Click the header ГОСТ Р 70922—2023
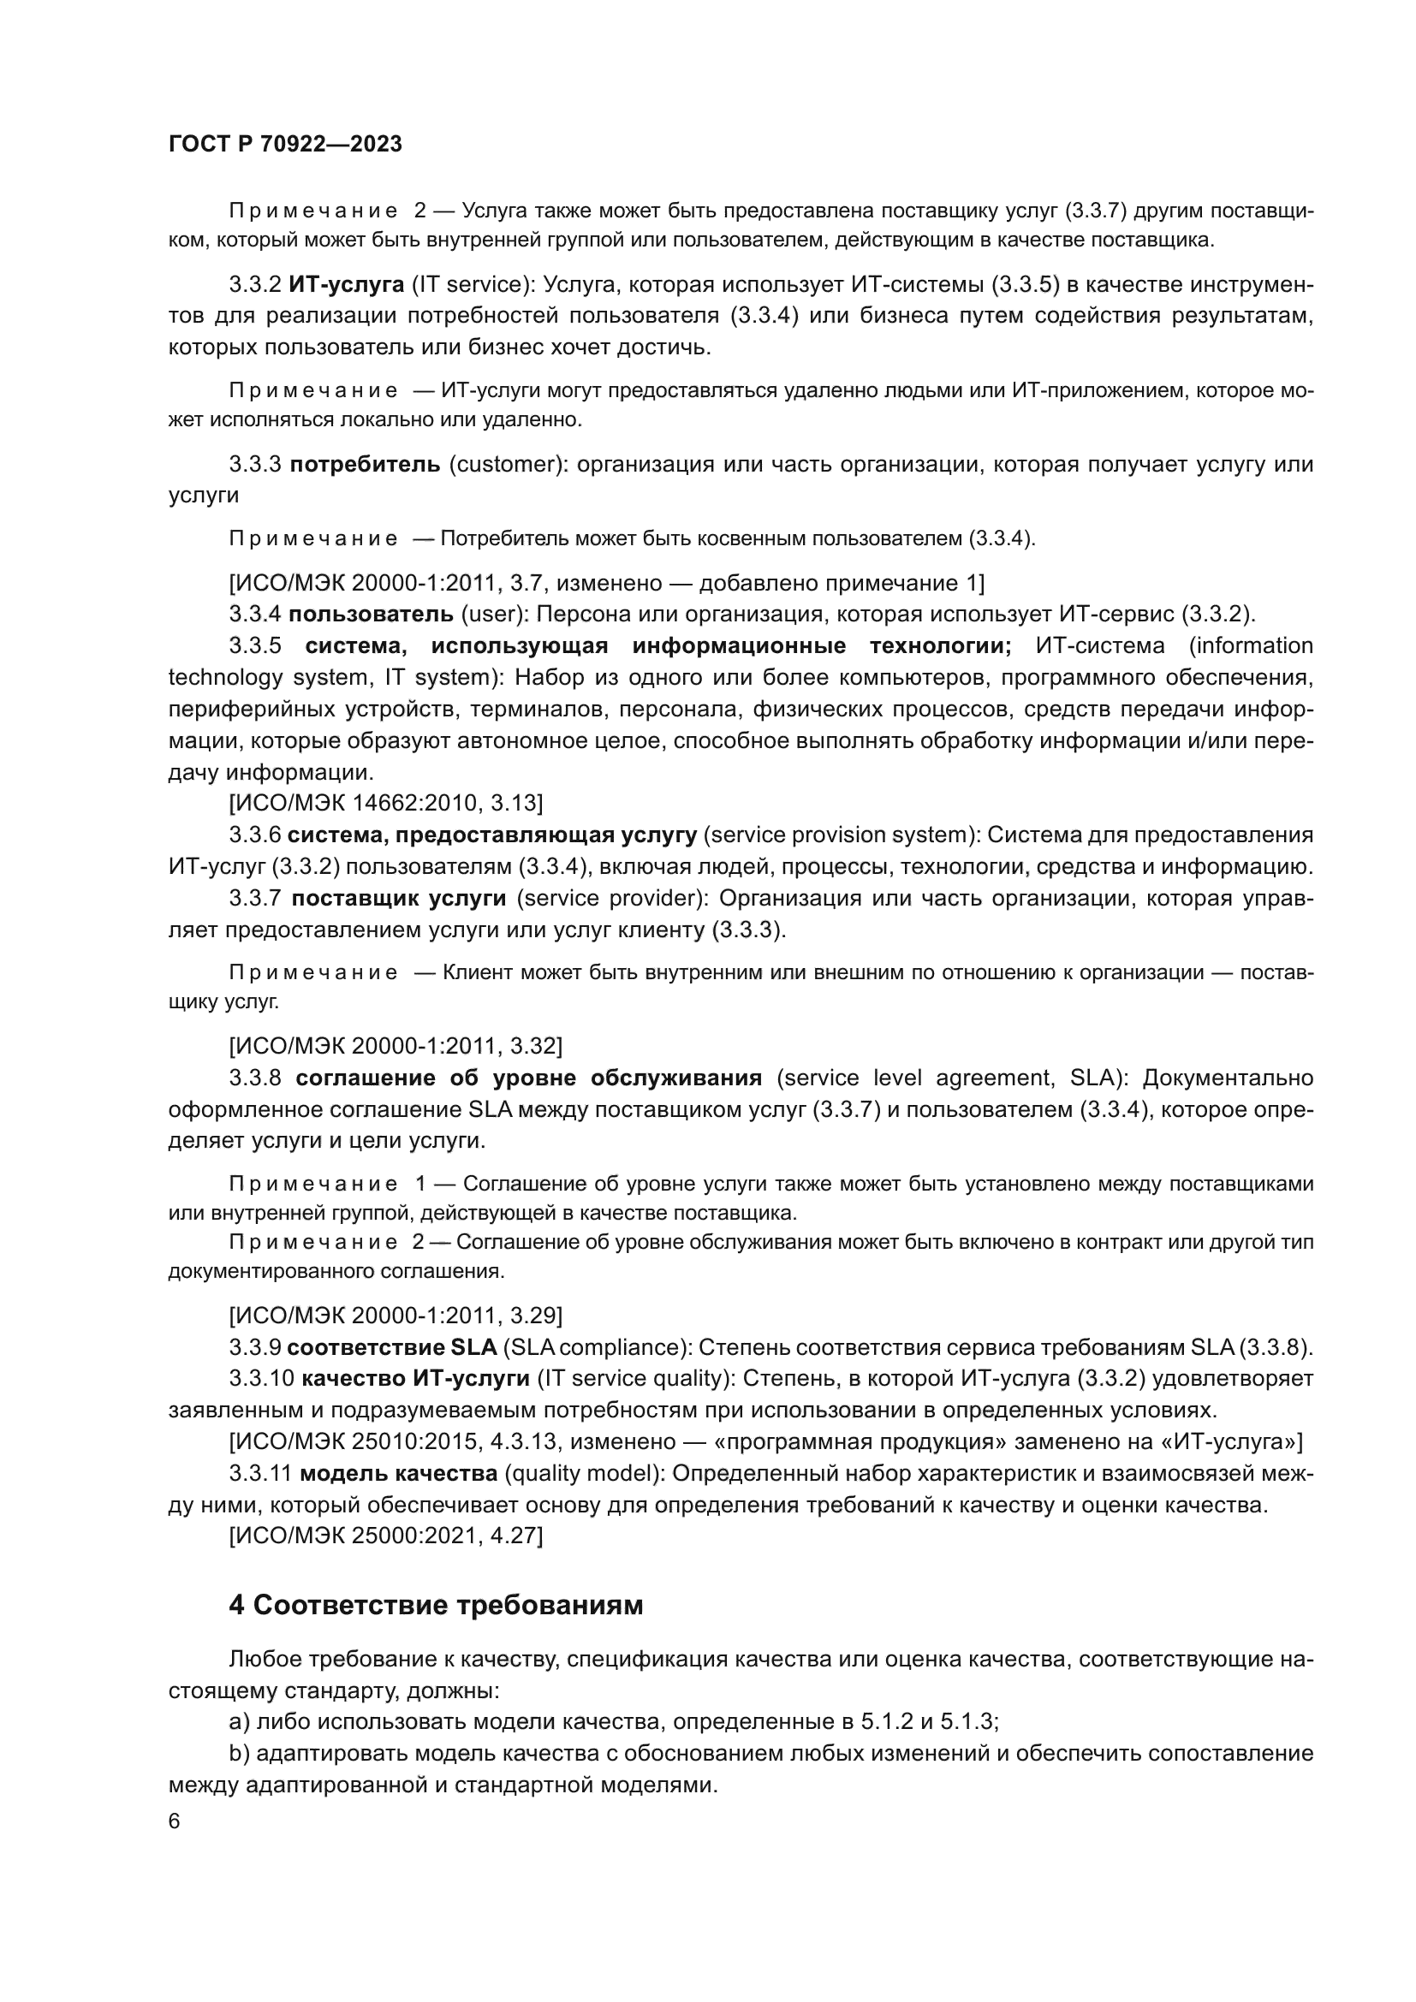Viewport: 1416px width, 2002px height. click(x=285, y=145)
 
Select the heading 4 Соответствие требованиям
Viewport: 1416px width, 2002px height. click(x=436, y=1605)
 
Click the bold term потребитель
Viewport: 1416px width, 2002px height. click(x=365, y=464)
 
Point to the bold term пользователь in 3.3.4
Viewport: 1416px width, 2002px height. click(x=371, y=614)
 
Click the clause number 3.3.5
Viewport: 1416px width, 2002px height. click(x=255, y=646)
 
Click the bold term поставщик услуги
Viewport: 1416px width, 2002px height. click(x=398, y=898)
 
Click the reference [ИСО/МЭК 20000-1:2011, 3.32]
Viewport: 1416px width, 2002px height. click(x=395, y=1045)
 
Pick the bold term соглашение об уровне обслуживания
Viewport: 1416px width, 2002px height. click(x=528, y=1078)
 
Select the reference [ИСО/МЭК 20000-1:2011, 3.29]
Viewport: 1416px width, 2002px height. click(x=395, y=1315)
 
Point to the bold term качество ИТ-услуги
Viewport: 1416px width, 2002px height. click(x=415, y=1379)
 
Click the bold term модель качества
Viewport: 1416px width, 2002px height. click(x=397, y=1475)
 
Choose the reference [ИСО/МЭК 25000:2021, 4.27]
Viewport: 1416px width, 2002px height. click(x=385, y=1536)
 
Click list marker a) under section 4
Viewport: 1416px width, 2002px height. click(x=239, y=1722)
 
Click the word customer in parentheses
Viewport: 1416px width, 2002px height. click(x=503, y=464)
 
